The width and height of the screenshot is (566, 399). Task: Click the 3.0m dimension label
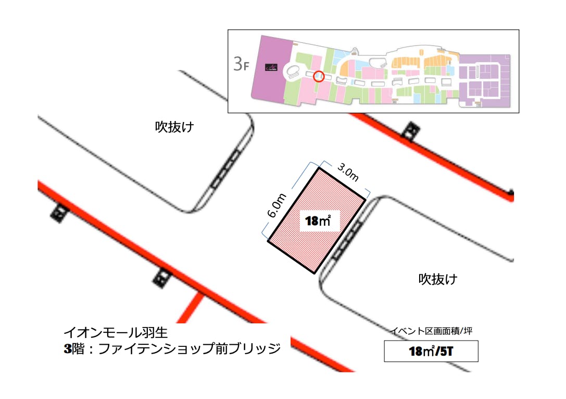(x=348, y=172)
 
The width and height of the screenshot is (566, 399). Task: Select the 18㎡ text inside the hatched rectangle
(x=318, y=222)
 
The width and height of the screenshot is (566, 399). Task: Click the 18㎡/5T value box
(x=431, y=352)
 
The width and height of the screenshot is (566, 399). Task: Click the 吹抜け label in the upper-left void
(x=174, y=127)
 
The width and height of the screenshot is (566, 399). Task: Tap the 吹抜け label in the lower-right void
(x=438, y=279)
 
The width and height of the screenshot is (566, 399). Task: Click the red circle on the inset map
(x=320, y=77)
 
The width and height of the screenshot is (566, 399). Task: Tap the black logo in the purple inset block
(x=271, y=67)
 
